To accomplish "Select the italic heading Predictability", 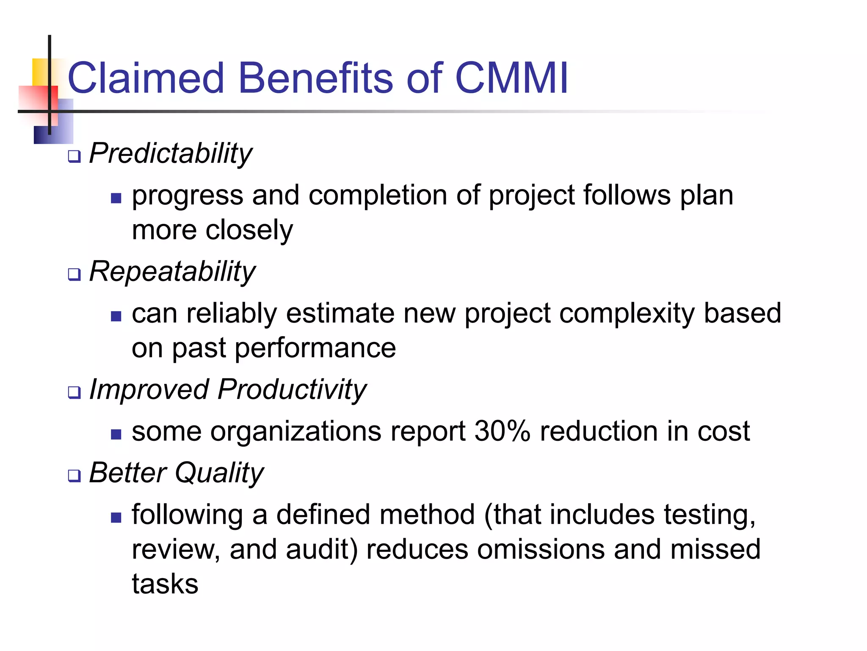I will click(171, 153).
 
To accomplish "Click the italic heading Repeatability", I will click(172, 271).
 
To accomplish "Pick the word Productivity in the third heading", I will click(292, 389).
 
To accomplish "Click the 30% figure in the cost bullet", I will click(502, 431).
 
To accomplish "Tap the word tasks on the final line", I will click(165, 584).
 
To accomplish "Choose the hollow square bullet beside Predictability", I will click(74, 157).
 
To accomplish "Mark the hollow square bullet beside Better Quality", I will click(74, 476).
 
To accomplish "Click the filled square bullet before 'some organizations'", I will click(116, 434).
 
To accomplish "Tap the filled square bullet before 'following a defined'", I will click(116, 517).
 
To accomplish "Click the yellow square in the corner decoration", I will click(40, 71).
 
